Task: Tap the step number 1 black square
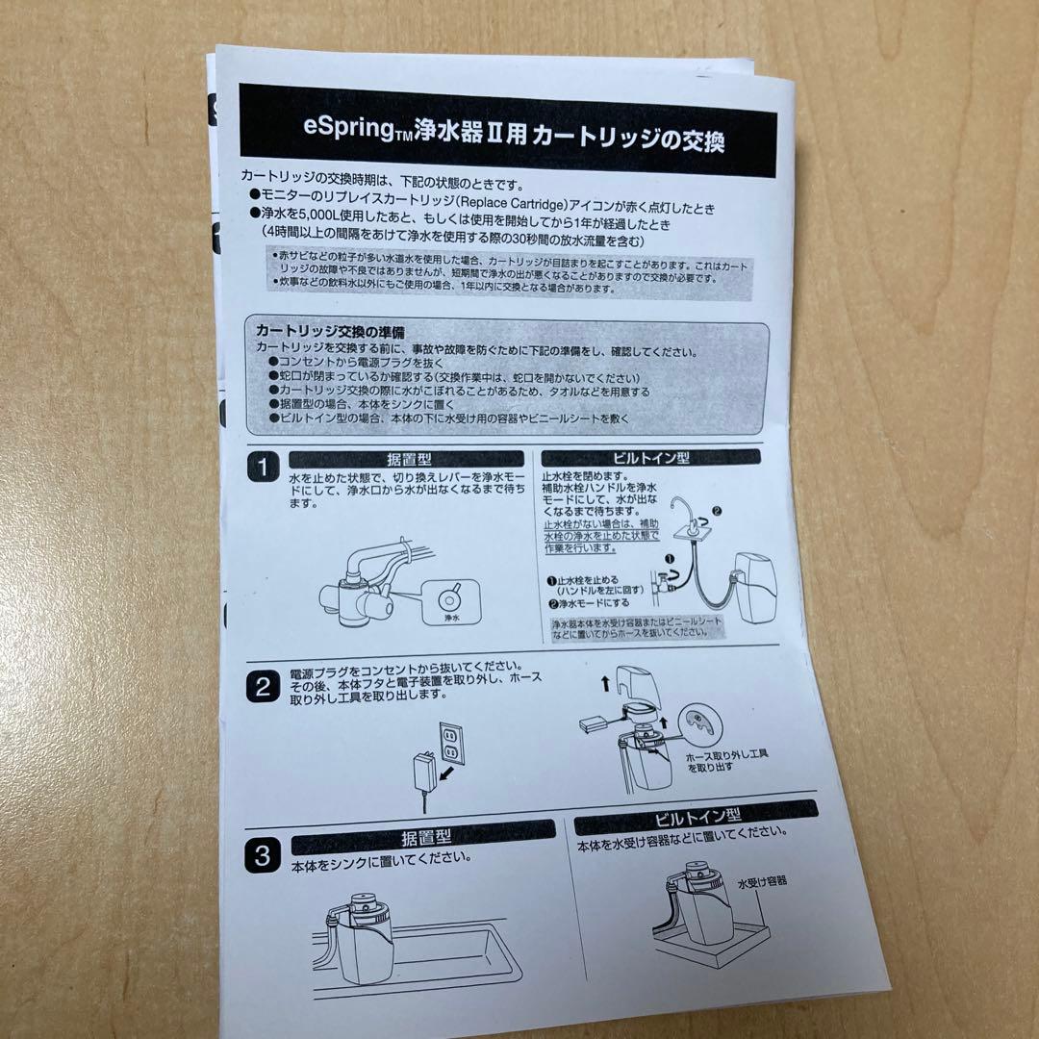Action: tap(261, 469)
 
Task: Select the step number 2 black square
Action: tap(261, 687)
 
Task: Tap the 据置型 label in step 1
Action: tap(405, 459)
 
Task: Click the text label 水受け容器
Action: tap(762, 880)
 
